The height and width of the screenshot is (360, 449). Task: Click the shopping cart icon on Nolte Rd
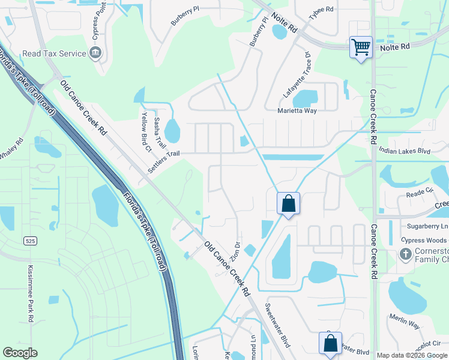(361, 47)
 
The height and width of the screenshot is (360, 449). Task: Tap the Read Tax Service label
(54, 53)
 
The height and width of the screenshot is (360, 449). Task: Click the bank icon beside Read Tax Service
(95, 53)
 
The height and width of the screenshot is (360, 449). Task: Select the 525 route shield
(29, 241)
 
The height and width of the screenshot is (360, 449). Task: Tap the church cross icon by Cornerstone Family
(406, 254)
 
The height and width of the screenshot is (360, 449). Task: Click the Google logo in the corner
(20, 353)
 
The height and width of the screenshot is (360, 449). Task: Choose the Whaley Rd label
(11, 149)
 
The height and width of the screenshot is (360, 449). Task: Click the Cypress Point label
(95, 20)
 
